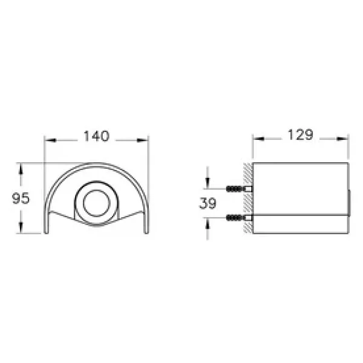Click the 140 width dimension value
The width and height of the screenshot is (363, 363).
(x=96, y=136)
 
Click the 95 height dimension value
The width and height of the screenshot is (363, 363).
(x=21, y=198)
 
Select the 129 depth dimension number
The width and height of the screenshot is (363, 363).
(x=301, y=134)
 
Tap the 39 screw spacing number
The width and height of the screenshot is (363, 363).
(x=208, y=203)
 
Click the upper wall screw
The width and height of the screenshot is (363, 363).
(x=239, y=189)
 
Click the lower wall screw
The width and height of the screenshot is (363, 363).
(x=239, y=218)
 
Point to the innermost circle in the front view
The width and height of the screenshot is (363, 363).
(x=97, y=203)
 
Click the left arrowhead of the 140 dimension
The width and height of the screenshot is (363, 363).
(x=50, y=140)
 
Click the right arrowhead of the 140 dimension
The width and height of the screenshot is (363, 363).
(x=142, y=140)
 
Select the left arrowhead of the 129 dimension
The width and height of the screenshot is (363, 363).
(x=259, y=139)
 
